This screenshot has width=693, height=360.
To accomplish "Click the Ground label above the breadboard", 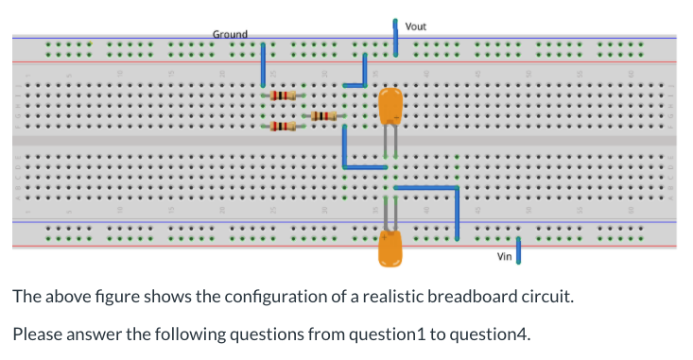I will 230,34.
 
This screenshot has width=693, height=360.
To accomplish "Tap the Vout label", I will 416,26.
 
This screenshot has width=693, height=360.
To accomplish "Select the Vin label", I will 504,256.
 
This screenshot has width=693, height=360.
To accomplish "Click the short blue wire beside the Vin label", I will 519,252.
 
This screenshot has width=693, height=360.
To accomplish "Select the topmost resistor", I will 284,95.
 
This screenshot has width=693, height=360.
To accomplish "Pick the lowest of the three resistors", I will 284,126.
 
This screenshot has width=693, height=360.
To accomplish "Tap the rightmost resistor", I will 322,115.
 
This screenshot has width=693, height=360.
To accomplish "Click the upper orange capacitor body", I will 390,106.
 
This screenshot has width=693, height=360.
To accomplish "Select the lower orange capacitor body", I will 390,248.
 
